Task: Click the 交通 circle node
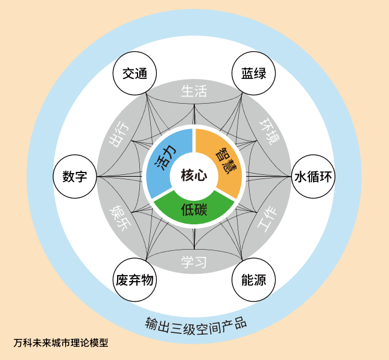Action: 134,74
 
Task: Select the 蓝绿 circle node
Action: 254,74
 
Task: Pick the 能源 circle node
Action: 254,280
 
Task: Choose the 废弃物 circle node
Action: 134,280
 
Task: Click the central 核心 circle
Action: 194,176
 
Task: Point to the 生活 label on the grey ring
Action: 194,91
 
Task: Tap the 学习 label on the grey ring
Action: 194,262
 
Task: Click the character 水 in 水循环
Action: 300,177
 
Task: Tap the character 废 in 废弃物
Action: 122,280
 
